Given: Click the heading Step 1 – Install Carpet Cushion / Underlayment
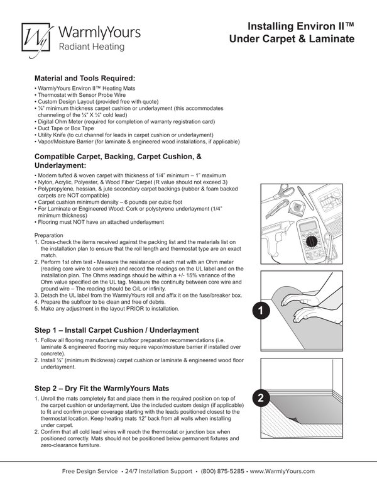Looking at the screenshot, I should tap(116, 330).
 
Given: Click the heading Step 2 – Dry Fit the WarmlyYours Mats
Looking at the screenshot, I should tap(110, 388).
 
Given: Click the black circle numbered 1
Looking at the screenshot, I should tap(262, 310).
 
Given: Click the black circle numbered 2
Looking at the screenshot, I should tap(262, 397).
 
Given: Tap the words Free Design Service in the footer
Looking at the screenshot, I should tap(88, 471).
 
